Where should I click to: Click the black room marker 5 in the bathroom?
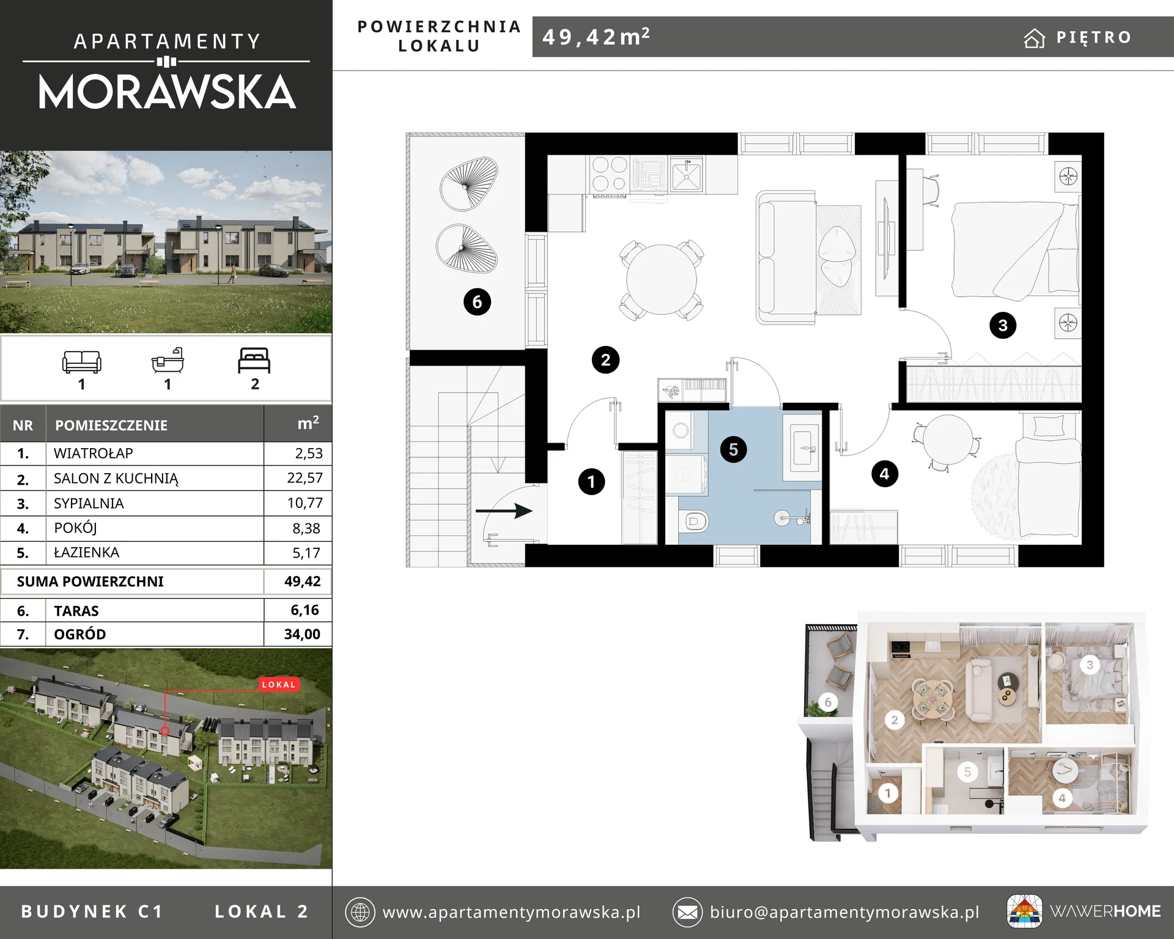tap(733, 449)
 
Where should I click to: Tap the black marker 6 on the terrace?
tap(477, 301)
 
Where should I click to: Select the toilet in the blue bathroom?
tap(693, 521)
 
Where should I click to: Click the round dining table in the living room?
tap(661, 279)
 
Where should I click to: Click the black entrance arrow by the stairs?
tap(504, 510)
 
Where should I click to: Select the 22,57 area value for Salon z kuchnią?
tap(305, 478)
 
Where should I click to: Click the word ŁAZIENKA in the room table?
tap(86, 553)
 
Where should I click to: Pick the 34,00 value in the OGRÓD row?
tap(302, 634)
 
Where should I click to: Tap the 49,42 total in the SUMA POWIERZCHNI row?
tap(302, 581)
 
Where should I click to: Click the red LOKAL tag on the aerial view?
tap(279, 684)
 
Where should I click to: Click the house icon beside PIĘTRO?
tap(1034, 38)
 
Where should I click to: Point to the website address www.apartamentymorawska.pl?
tap(511, 912)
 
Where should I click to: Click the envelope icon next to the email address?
tap(687, 913)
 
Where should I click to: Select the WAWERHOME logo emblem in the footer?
tap(1025, 911)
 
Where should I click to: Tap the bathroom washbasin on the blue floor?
tap(805, 448)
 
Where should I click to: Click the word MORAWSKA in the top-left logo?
tap(167, 92)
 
